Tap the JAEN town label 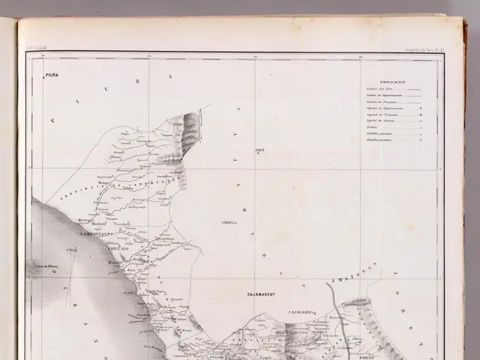(x=259, y=150)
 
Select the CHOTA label (x=229, y=223)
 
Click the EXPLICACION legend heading (x=392, y=81)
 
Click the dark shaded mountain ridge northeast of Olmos (x=189, y=131)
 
